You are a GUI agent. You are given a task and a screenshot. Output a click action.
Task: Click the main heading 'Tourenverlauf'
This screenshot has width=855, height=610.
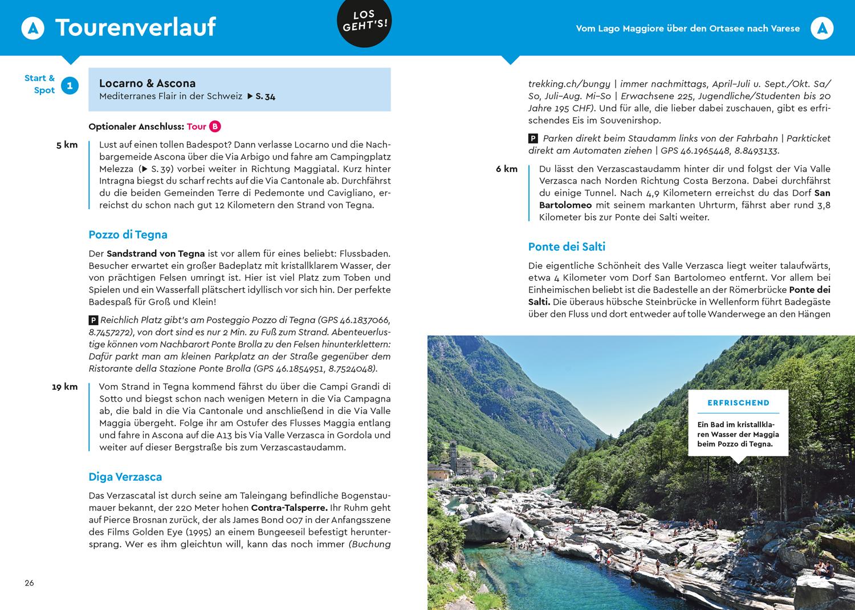pyautogui.click(x=135, y=27)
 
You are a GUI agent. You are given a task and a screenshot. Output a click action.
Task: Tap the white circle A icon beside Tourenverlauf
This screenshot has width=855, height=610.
pyautogui.click(x=33, y=28)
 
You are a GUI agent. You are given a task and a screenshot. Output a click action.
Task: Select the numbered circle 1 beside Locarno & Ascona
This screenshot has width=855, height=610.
pyautogui.click(x=70, y=86)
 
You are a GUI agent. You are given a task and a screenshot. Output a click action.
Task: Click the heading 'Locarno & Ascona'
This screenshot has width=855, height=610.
pyautogui.click(x=147, y=83)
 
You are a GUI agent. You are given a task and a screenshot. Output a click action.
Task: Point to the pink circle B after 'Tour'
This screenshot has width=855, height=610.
pyautogui.click(x=214, y=126)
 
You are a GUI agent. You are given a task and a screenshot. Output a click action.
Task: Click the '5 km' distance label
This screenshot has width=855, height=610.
pyautogui.click(x=67, y=145)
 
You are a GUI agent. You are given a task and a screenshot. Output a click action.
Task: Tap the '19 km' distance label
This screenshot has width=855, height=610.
pyautogui.click(x=64, y=387)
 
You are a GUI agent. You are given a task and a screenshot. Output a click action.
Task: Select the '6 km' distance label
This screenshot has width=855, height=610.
pyautogui.click(x=506, y=169)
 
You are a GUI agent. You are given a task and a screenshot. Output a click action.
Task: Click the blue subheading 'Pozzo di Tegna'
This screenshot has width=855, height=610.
pyautogui.click(x=128, y=235)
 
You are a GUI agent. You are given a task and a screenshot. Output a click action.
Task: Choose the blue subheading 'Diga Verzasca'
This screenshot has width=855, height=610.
pyautogui.click(x=125, y=477)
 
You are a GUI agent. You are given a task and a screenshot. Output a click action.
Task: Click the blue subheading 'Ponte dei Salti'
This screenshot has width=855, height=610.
pyautogui.click(x=567, y=247)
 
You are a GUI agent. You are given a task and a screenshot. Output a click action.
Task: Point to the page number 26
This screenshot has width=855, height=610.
pyautogui.click(x=29, y=583)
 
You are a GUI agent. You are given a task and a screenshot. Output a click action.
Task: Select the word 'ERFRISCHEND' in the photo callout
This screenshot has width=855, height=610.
pyautogui.click(x=738, y=403)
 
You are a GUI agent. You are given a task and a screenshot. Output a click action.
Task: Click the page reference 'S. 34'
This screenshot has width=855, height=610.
pyautogui.click(x=265, y=97)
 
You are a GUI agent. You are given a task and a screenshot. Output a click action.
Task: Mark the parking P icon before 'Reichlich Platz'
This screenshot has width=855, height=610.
pyautogui.click(x=93, y=320)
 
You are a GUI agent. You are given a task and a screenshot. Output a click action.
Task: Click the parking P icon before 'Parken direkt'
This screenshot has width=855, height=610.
pyautogui.click(x=533, y=138)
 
